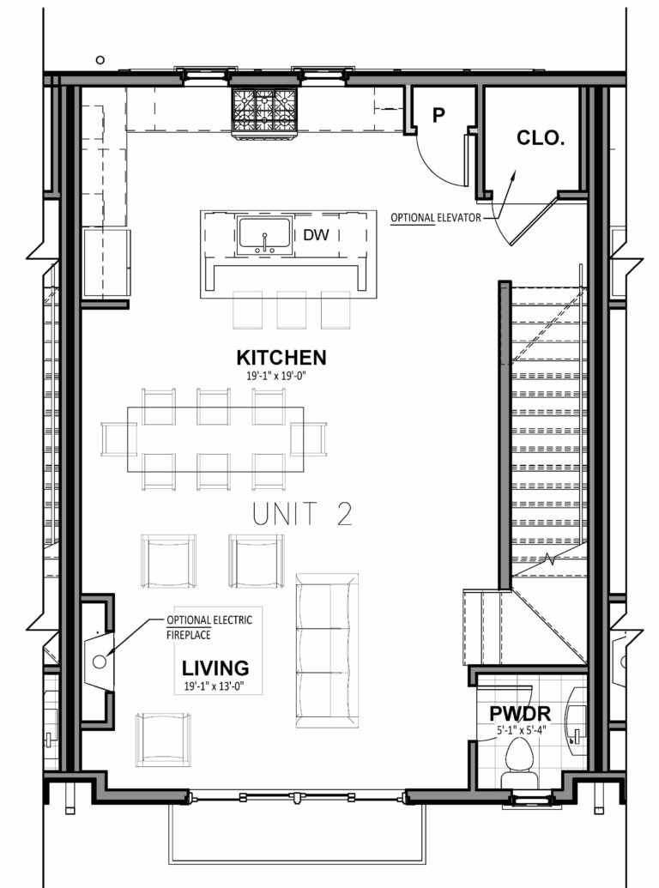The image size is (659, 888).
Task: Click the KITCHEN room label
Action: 281,357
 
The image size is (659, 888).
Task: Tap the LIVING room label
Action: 215,668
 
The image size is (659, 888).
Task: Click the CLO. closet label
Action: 541,137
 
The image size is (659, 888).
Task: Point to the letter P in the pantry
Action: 438,116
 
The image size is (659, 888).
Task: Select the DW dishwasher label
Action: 314,234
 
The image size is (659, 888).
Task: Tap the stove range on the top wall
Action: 264,111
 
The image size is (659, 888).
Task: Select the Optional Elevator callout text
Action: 435,218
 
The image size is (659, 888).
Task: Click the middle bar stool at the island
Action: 291,309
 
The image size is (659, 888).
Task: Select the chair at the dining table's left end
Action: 117,438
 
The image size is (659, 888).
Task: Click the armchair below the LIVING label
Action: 163,739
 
